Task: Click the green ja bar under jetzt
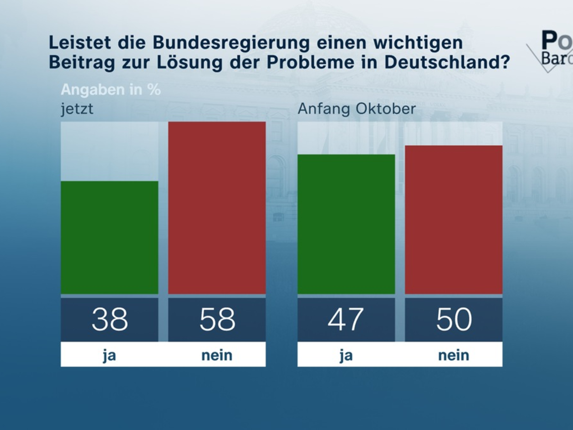click(x=109, y=237)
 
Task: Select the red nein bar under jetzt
click(x=217, y=208)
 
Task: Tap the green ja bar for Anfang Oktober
click(x=346, y=224)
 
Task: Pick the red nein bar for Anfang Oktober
click(x=454, y=220)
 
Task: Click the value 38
click(x=110, y=319)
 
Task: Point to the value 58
click(x=217, y=319)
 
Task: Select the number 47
click(x=346, y=319)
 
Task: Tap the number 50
click(x=454, y=319)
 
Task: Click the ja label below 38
click(x=109, y=355)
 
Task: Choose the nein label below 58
click(x=217, y=355)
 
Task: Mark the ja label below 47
click(x=346, y=355)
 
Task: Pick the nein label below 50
click(x=454, y=355)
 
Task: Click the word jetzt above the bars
click(x=76, y=109)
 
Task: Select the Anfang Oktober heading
click(x=357, y=109)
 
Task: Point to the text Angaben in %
click(x=111, y=89)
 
